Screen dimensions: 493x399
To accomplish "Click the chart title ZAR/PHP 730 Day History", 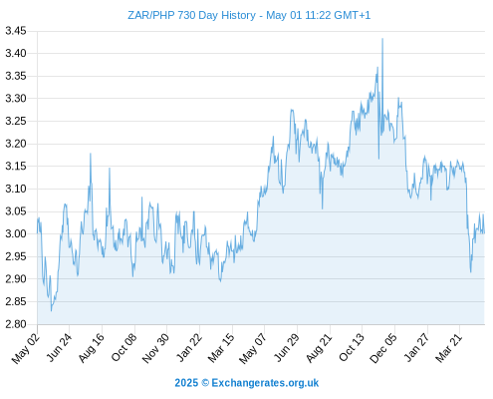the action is coord(191,16).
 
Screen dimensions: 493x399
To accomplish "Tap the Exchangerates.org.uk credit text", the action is coord(265,383).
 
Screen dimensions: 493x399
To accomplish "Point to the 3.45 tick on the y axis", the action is coord(16,31).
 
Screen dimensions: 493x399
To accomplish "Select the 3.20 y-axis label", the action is coord(16,144).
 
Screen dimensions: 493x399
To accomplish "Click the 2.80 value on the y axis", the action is coord(16,324).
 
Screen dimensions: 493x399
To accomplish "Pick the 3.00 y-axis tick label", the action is coord(16,233).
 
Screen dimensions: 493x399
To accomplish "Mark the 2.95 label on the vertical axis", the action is coord(16,256).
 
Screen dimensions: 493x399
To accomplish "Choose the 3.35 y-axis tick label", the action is coord(16,76).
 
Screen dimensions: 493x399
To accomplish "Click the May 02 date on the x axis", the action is coord(26,348).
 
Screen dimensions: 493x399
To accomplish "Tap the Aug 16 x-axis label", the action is coord(92,348).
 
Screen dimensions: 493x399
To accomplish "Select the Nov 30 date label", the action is coord(155,348).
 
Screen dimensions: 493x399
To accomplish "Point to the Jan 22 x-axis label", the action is coord(189,347).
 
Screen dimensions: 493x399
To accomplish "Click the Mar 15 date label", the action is coord(221,348).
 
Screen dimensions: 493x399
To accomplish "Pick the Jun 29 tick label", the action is coord(287,348).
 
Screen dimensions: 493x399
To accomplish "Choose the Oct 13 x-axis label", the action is coord(352,347).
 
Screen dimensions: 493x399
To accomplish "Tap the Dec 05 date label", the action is coord(383,348).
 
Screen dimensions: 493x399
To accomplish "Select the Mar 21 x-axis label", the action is coord(449,348).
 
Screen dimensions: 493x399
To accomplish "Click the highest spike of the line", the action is coord(382,39).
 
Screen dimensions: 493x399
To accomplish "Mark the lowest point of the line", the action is coord(51,311).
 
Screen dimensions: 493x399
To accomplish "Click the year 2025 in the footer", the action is coord(186,383).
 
